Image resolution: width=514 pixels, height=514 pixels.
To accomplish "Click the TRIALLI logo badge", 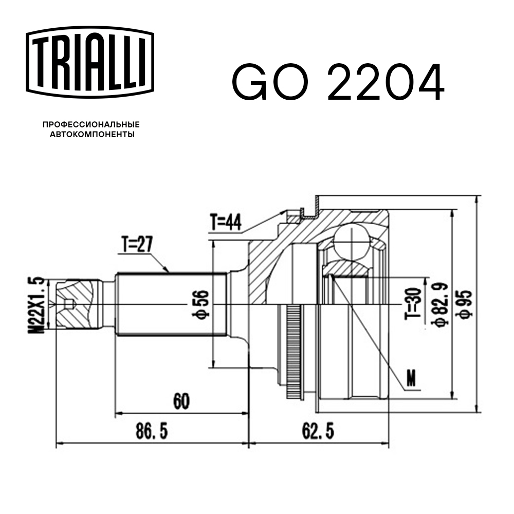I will [x=90, y=62].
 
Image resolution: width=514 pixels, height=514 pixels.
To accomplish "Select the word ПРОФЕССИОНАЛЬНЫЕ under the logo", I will [x=91, y=124].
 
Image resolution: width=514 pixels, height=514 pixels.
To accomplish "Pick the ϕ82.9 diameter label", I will [x=438, y=303].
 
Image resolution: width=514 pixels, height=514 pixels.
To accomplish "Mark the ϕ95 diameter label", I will [x=465, y=304].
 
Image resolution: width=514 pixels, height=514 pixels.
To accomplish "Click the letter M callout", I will [x=411, y=378].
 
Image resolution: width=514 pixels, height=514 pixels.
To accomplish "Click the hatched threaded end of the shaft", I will [x=77, y=304].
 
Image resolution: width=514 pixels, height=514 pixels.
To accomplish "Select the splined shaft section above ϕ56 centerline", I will [x=170, y=288].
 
